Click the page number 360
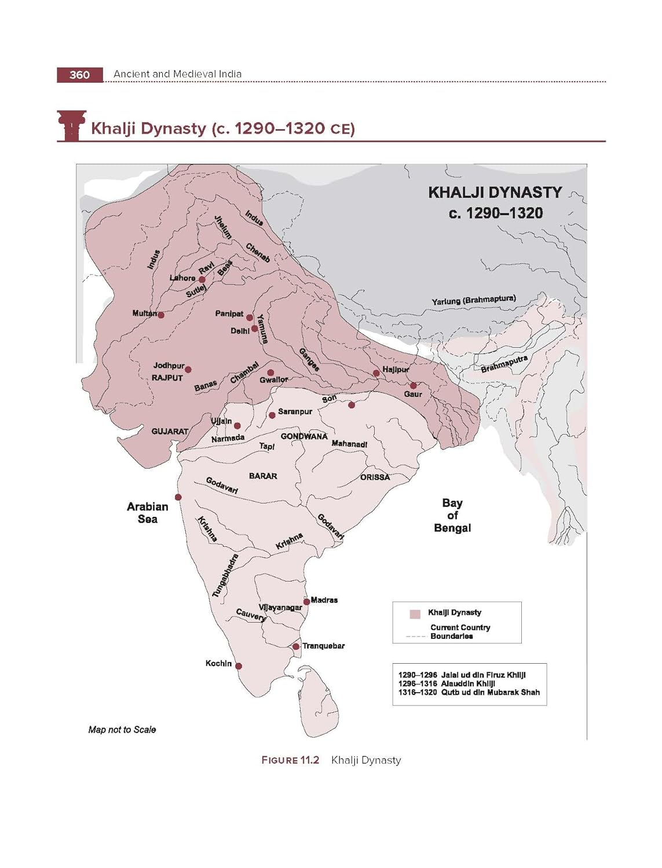coord(79,75)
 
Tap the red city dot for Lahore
coord(202,279)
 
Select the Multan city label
coord(144,313)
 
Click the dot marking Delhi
coord(255,329)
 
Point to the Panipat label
coord(229,314)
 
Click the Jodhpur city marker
coord(188,369)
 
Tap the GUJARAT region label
coord(170,431)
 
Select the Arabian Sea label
coord(148,513)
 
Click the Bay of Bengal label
coord(452,515)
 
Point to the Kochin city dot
coord(238,666)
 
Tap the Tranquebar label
coord(323,646)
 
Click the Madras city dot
coord(306,602)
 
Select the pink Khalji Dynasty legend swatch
coord(415,614)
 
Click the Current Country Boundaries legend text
coord(460,631)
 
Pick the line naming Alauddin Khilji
coord(447,683)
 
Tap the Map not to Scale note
coord(122,730)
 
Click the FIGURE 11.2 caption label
coord(290,760)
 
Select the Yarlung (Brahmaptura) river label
coord(473,300)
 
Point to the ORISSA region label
coord(375,477)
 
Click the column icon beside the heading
coord(71,125)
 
